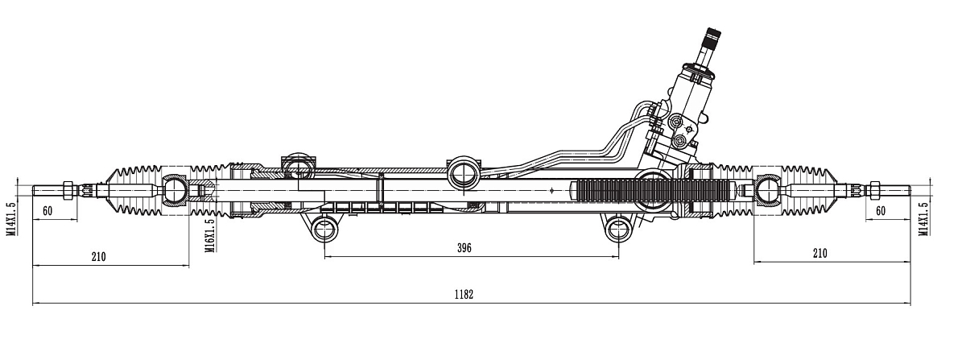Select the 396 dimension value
coord(464,247)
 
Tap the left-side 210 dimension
coord(98,257)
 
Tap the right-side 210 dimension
coord(819,253)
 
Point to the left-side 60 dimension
coord(47,210)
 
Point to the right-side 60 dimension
coord(880,210)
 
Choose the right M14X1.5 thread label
coord(923,217)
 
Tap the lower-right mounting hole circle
coord(618,229)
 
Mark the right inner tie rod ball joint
coord(766,192)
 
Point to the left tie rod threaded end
coord(48,191)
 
